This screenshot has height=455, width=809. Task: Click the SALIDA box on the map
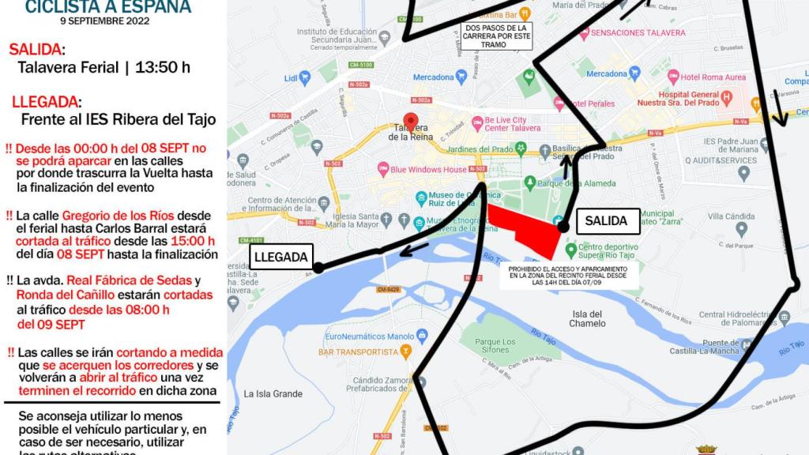pyautogui.click(x=606, y=221)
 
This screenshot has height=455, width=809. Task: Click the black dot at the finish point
pyautogui.click(x=318, y=268)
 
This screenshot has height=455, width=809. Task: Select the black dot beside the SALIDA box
pyautogui.click(x=563, y=227)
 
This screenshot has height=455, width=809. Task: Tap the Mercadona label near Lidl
pyautogui.click(x=432, y=77)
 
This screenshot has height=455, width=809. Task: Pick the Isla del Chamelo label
pyautogui.click(x=588, y=318)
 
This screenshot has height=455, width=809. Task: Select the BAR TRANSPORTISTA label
pyautogui.click(x=359, y=351)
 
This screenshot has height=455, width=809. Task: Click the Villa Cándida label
pyautogui.click(x=732, y=215)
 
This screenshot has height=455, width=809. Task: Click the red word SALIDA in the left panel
pyautogui.click(x=36, y=49)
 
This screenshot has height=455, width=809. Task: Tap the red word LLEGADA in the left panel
pyautogui.click(x=45, y=102)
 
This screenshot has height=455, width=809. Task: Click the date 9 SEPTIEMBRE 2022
pyautogui.click(x=108, y=20)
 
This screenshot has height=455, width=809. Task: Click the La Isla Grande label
pyautogui.click(x=273, y=393)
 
